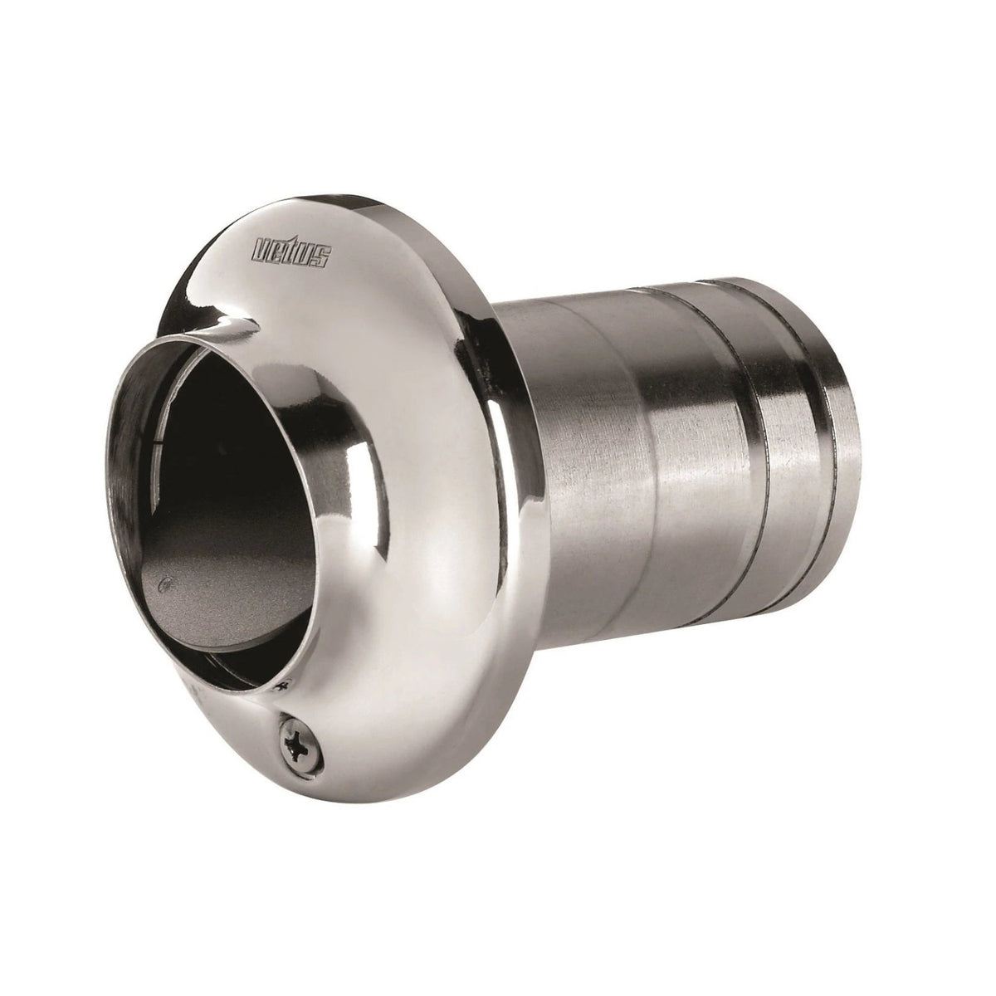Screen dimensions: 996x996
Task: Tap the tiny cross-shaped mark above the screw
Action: (x=281, y=686)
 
